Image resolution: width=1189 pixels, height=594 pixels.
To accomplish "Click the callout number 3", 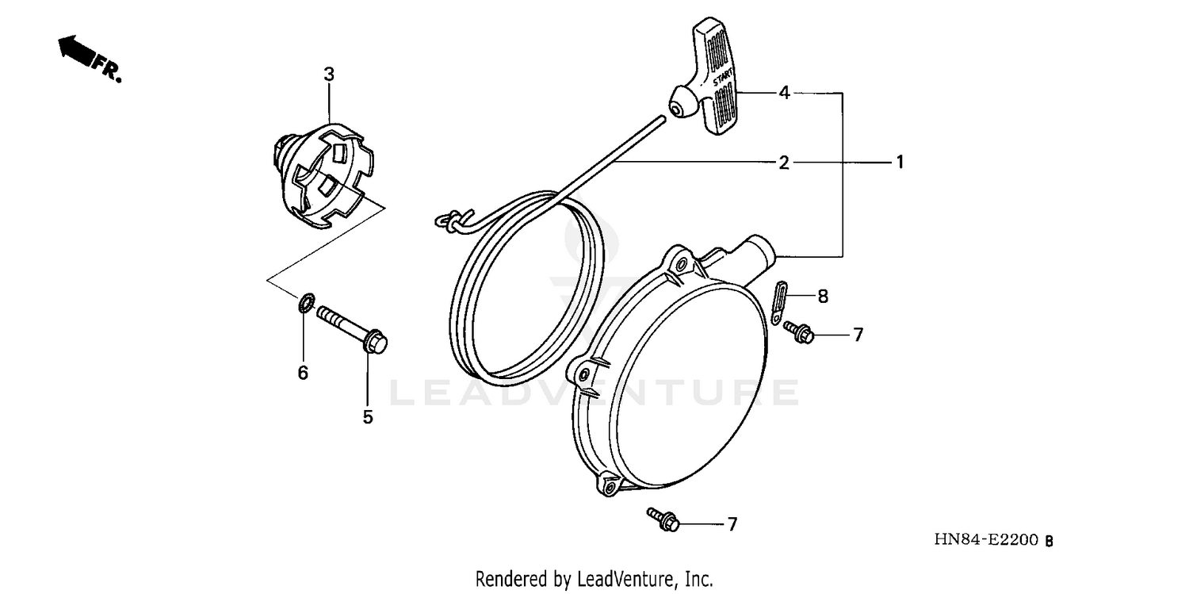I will point(329,75).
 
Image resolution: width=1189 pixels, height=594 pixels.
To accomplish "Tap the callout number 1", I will point(900,162).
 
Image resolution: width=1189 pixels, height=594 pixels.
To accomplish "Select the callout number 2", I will point(783,163).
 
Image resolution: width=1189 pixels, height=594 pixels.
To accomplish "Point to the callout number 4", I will point(783,93).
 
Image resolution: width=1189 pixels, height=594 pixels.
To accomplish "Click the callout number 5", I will point(368,417).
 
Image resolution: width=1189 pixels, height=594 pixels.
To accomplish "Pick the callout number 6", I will point(303,373).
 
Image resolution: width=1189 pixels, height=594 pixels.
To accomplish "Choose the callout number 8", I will point(823,297).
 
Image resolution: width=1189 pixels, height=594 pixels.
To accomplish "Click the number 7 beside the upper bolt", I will point(858,335).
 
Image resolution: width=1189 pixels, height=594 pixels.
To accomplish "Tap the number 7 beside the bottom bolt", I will point(732,523).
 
